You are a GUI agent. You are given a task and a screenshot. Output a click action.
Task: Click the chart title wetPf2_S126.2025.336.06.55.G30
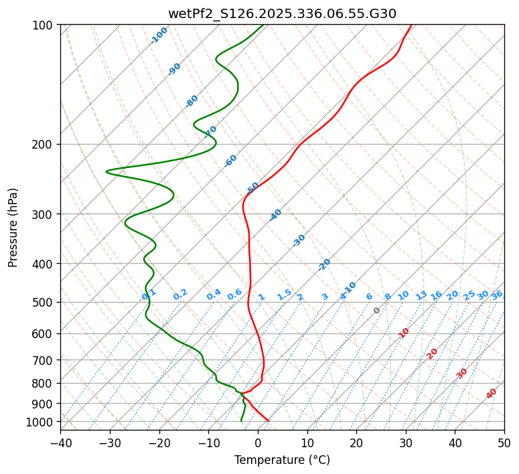pyautogui.click(x=282, y=13)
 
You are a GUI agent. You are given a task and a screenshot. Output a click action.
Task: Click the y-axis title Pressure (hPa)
pyautogui.click(x=13, y=228)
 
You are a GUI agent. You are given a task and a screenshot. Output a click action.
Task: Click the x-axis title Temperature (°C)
pyautogui.click(x=282, y=461)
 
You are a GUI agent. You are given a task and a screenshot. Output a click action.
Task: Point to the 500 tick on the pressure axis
pyautogui.click(x=44, y=303)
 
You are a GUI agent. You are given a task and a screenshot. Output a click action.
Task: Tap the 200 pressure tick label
pyautogui.click(x=44, y=145)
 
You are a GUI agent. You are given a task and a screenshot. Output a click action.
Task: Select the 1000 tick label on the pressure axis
pyautogui.click(x=42, y=422)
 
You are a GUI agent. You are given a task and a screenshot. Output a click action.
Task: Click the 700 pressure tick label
pyautogui.click(x=44, y=360)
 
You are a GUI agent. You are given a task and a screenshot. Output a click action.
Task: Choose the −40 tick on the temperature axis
pyautogui.click(x=60, y=443)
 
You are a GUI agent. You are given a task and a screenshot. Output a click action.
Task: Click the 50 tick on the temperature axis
pyautogui.click(x=504, y=443)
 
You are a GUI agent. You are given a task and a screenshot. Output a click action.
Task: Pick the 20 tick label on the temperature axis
pyautogui.click(x=356, y=443)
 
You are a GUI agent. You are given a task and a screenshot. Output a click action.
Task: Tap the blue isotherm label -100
pyautogui.click(x=159, y=35)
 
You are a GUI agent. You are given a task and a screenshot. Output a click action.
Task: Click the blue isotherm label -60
pyautogui.click(x=231, y=161)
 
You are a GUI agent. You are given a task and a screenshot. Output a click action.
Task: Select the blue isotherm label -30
pyautogui.click(x=299, y=240)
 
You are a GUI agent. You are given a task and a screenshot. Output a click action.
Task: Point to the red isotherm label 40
pyautogui.click(x=492, y=394)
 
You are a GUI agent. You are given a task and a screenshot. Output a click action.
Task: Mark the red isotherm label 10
pyautogui.click(x=404, y=333)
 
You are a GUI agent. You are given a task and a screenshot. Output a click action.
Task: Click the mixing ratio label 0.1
pyautogui.click(x=149, y=294)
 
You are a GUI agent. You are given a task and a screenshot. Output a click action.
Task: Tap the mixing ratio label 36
pyautogui.click(x=497, y=295)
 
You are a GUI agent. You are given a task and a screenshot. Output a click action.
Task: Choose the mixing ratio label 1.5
pyautogui.click(x=284, y=295)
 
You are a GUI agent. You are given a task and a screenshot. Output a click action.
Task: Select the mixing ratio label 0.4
pyautogui.click(x=214, y=295)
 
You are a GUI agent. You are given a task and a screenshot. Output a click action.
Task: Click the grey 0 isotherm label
pyautogui.click(x=377, y=311)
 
